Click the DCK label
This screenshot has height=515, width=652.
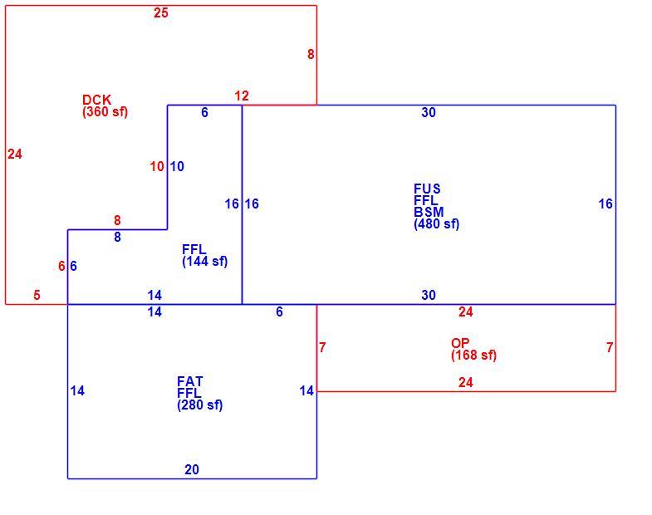pos(97,100)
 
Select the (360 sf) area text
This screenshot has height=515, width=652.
pos(105,112)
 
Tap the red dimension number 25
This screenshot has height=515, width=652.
pos(161,13)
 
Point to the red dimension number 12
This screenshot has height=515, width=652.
pos(242,96)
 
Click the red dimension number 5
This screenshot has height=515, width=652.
pos(37,296)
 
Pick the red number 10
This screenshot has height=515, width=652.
pos(157,167)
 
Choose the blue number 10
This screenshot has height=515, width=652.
pos(177,167)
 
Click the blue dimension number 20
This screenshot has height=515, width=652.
pos(192,469)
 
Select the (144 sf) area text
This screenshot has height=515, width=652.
pos(204,262)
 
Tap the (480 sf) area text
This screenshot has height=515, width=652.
pos(436,224)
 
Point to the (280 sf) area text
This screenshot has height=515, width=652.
pos(199,405)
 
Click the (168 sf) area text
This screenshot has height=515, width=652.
pos(473,356)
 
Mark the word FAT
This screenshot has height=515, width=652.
pos(190,381)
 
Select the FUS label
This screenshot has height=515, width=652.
pos(427,189)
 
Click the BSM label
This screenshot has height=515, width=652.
pos(429,212)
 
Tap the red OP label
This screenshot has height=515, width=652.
pos(460,343)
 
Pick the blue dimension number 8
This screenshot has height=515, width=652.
pos(118,237)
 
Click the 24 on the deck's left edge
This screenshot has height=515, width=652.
pos(15,154)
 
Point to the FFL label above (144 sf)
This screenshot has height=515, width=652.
pos(194,249)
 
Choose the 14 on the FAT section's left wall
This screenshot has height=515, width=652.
pos(77,391)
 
